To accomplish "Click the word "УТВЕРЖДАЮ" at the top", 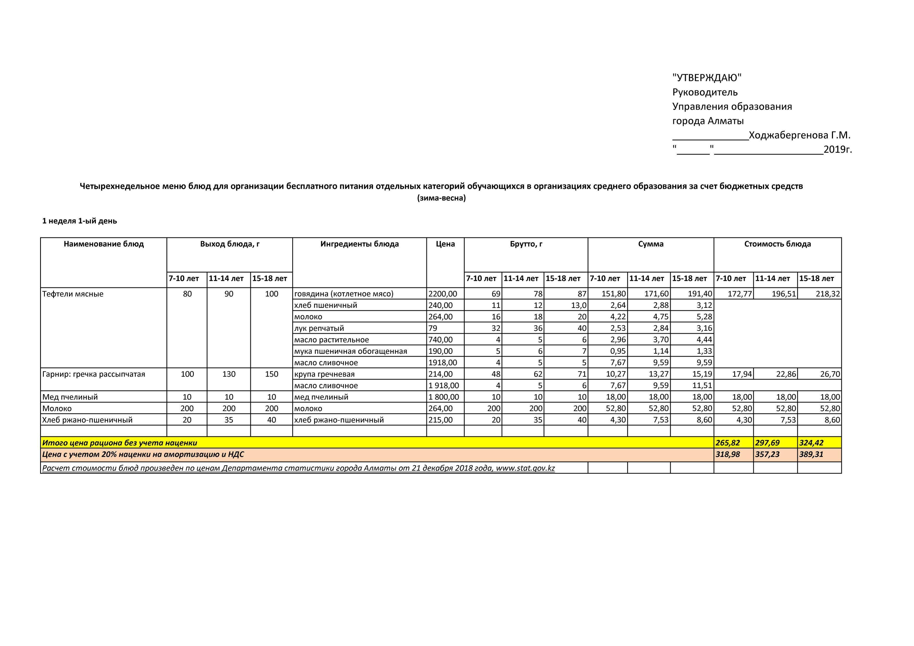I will pyautogui.click(x=707, y=78).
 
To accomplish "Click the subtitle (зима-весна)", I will pyautogui.click(x=441, y=198).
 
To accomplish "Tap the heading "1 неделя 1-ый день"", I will pyautogui.click(x=80, y=221).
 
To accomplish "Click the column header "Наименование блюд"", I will pyautogui.click(x=103, y=244).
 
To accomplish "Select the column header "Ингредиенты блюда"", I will pyautogui.click(x=360, y=244).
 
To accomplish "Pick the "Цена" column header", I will pyautogui.click(x=445, y=244).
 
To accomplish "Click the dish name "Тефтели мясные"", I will pyautogui.click(x=73, y=294).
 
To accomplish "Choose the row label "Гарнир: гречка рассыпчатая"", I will pyautogui.click(x=94, y=374).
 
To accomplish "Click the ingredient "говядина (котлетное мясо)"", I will pyautogui.click(x=344, y=294).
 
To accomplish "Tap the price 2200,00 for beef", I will pyautogui.click(x=443, y=294).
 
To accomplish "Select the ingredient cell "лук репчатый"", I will pyautogui.click(x=319, y=328).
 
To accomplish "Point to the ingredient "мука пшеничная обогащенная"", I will pyautogui.click(x=350, y=351).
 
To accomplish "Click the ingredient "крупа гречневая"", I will pyautogui.click(x=324, y=374).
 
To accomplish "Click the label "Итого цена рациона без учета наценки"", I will pyautogui.click(x=119, y=443).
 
